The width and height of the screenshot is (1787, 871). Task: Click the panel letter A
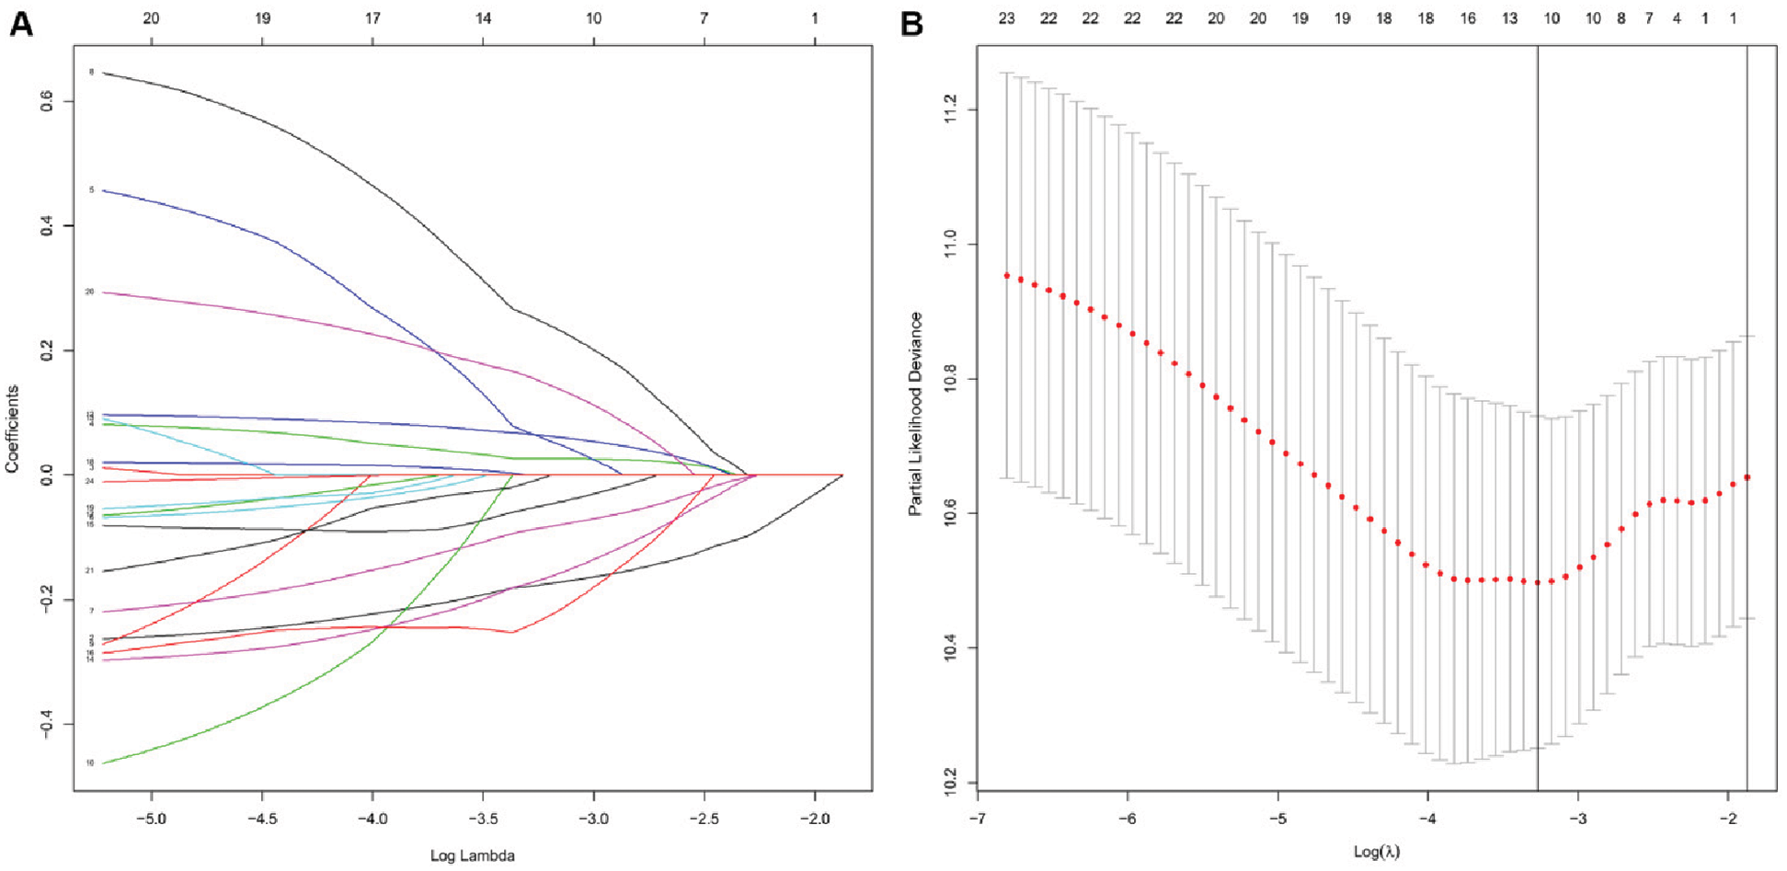(x=20, y=23)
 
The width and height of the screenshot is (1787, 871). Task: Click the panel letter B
(x=911, y=23)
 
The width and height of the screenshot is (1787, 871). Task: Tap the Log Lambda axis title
(x=472, y=856)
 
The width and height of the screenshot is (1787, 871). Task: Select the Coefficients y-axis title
(x=13, y=429)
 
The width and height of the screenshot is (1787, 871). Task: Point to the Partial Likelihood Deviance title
(x=915, y=414)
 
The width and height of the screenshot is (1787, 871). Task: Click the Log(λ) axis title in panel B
(x=1376, y=852)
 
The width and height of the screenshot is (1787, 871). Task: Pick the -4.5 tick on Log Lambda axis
(x=261, y=818)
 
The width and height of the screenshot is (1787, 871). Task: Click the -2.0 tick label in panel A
(x=814, y=818)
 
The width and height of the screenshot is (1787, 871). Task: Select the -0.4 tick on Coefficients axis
(x=47, y=725)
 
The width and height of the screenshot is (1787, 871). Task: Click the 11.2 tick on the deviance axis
(x=950, y=109)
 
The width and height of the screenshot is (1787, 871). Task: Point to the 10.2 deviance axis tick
(x=950, y=783)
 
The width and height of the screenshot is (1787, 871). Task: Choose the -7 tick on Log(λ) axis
(x=978, y=819)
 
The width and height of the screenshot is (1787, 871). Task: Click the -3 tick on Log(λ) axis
(x=1577, y=819)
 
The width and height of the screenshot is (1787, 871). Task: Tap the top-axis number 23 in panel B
(x=1006, y=18)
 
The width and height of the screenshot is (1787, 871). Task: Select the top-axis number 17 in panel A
(x=372, y=18)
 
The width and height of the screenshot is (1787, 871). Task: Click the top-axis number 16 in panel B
(x=1467, y=18)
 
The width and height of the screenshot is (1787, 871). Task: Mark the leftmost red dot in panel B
(x=1007, y=276)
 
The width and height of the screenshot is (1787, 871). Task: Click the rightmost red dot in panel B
(x=1747, y=477)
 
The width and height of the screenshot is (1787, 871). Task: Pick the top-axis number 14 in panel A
(x=483, y=18)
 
